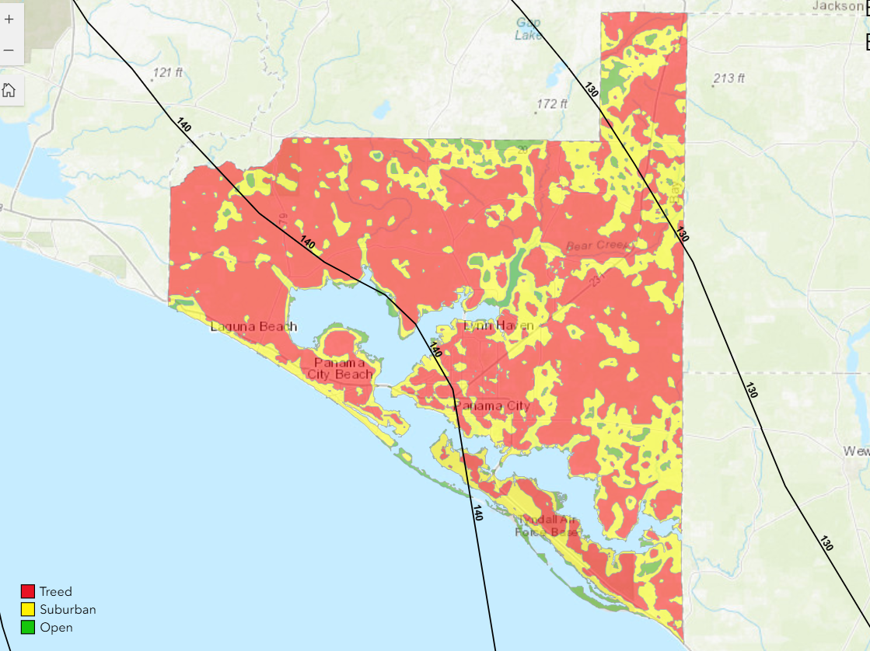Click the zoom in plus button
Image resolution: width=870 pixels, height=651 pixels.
(9, 19)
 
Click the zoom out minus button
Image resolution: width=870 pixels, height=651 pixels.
(9, 50)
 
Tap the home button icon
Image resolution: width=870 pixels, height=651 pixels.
(9, 90)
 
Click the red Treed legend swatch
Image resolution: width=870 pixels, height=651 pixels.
(28, 592)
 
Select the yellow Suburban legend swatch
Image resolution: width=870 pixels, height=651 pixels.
(28, 610)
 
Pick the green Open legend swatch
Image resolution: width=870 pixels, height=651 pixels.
(28, 628)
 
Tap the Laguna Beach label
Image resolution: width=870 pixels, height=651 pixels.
(253, 327)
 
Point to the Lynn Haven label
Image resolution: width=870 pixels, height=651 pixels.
(498, 325)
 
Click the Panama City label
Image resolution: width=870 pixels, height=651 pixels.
(492, 406)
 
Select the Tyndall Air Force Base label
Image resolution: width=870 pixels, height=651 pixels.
(547, 526)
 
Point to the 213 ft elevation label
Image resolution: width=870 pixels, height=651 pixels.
(728, 78)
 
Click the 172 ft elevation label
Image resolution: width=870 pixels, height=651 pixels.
(553, 104)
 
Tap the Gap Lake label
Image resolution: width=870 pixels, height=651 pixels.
(529, 28)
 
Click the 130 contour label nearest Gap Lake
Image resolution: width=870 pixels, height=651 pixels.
(591, 89)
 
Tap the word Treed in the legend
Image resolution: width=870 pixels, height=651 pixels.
(55, 592)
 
